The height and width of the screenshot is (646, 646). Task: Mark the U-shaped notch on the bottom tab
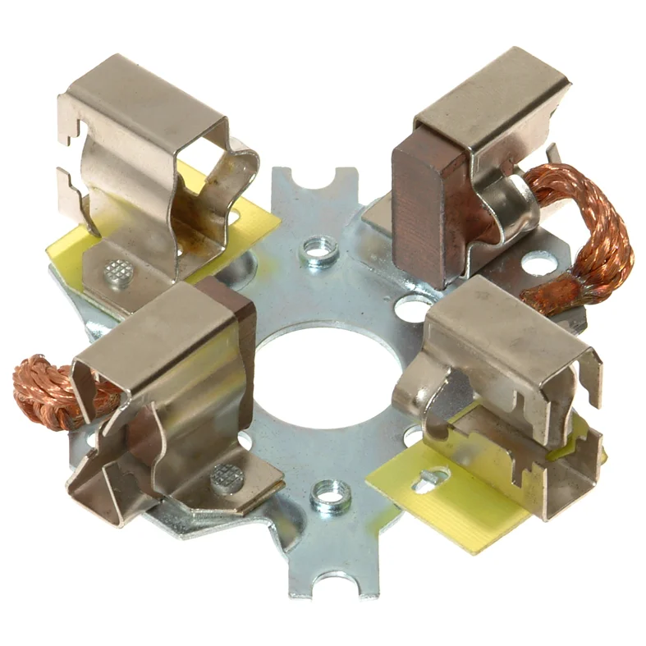pos(337,585)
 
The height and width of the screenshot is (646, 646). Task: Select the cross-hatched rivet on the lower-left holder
pos(224,475)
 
